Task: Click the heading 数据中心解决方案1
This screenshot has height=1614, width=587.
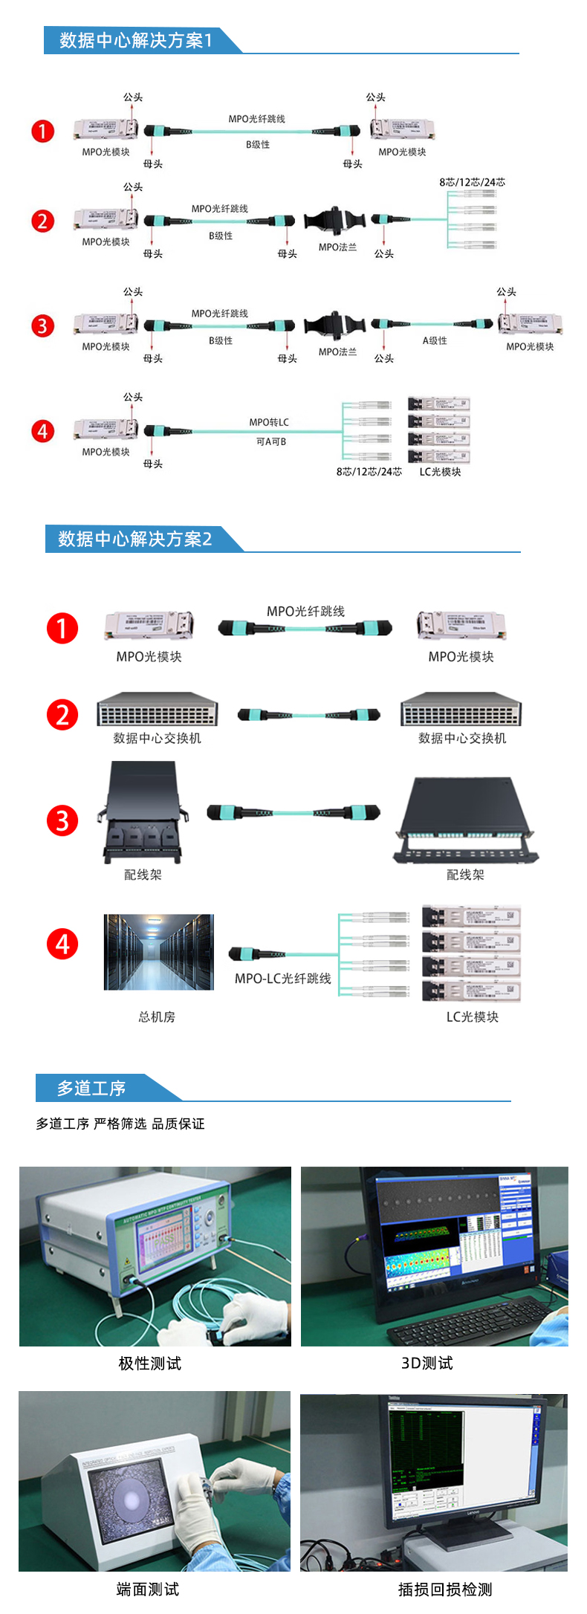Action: pos(136,40)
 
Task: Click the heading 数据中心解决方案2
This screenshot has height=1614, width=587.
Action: pos(135,539)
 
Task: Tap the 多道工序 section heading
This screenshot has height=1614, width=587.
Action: pos(91,1089)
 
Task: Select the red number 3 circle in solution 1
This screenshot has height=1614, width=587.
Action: pos(43,325)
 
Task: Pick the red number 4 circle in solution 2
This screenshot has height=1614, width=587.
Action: pos(62,944)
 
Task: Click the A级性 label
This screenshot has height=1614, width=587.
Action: pos(435,340)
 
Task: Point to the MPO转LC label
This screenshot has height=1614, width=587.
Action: pos(269,422)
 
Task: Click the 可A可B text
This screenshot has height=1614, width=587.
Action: pos(271,441)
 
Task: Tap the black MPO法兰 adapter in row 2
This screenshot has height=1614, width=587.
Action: pos(335,221)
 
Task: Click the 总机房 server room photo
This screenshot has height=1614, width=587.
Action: pos(158,952)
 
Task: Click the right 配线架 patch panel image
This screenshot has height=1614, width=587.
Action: pos(465,820)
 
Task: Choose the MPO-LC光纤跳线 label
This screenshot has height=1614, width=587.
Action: pos(283,979)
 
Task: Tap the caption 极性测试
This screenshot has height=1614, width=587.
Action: pos(149,1363)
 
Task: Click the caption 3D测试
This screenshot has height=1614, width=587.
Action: pos(427,1363)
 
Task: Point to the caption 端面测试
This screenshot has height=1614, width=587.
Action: pos(148,1589)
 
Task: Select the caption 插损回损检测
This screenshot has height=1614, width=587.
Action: pos(445,1589)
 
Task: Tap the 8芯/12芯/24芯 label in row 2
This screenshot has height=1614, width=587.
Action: pos(472,182)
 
